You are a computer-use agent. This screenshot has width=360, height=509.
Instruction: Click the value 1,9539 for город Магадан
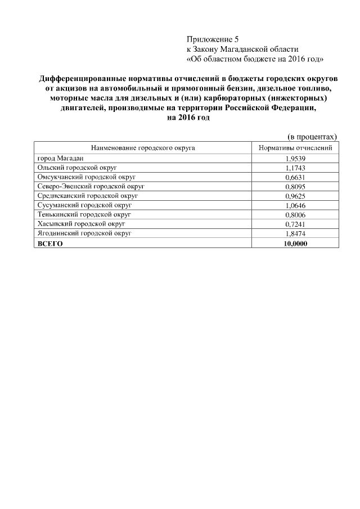[x=295, y=159]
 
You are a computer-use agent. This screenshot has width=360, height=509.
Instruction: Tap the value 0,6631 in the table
[x=295, y=177]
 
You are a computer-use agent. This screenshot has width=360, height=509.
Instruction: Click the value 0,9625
[x=295, y=196]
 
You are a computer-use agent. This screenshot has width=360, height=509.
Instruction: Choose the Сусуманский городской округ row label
[x=82, y=205]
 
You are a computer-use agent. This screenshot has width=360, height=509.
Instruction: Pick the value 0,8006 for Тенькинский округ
[x=295, y=214]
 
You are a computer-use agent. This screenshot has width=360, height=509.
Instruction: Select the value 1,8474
[x=295, y=233]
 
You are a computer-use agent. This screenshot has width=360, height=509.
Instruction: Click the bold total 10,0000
[x=295, y=242]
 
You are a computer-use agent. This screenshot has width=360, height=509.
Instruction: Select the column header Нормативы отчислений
[x=295, y=148]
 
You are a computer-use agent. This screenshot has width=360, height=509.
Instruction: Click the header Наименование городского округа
[x=142, y=148]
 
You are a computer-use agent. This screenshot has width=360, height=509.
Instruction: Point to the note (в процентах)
[x=312, y=136]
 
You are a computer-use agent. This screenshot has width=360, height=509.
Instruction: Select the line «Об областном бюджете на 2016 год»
[x=254, y=58]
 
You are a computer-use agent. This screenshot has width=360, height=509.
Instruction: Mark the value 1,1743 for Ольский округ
[x=295, y=168]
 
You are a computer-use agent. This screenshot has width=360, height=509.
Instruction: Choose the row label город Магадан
[x=60, y=159]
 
